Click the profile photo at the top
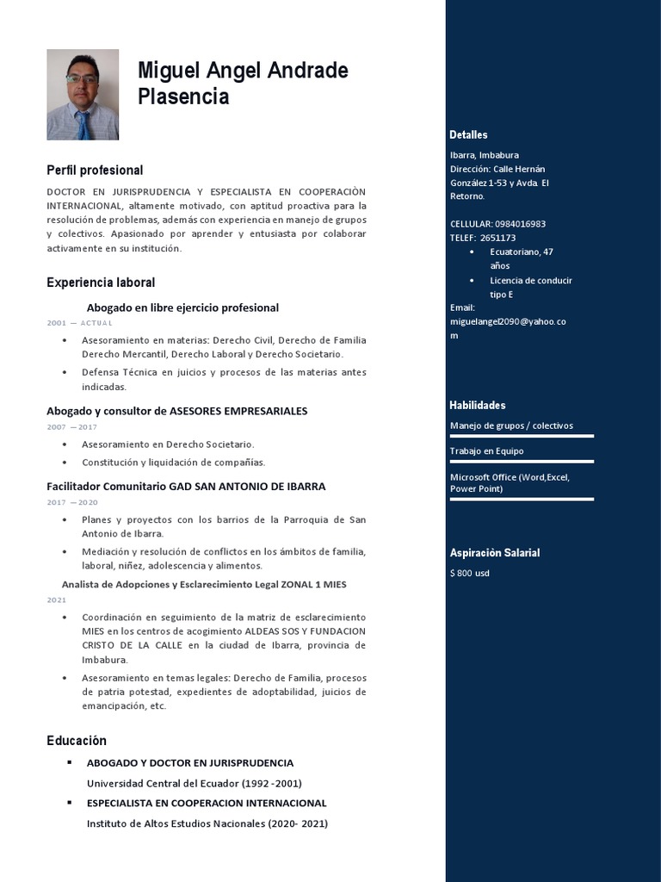click(83, 94)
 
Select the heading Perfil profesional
click(95, 171)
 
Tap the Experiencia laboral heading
click(101, 283)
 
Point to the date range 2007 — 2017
click(71, 427)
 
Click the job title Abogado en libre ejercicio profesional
click(182, 307)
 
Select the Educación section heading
click(77, 741)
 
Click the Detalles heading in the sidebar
click(468, 134)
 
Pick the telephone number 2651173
click(498, 238)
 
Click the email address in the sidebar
click(508, 321)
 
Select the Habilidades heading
click(477, 405)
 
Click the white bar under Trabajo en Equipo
click(522, 462)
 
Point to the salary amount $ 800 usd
click(470, 573)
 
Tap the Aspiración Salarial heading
click(495, 553)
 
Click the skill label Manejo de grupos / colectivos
click(511, 425)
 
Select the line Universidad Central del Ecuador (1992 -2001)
click(194, 783)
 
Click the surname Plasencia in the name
click(183, 97)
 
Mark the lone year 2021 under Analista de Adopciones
click(56, 599)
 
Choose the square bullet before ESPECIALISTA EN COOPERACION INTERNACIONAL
click(69, 803)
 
